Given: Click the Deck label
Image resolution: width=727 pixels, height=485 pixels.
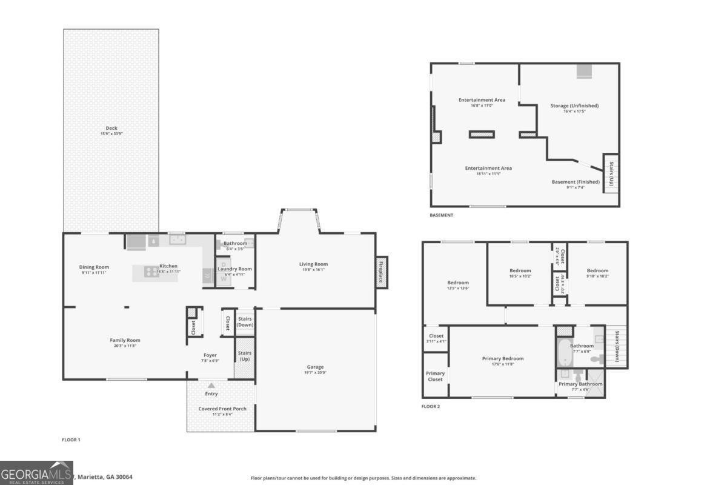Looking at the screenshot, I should (x=111, y=128).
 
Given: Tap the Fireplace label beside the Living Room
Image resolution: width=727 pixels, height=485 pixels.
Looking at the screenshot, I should (x=381, y=272).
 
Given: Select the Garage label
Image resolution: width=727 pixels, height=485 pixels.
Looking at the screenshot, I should (x=315, y=367).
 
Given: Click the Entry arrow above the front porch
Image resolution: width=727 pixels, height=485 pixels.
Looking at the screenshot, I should (x=211, y=385).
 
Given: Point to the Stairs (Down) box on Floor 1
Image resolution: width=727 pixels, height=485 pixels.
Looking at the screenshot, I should (x=245, y=322).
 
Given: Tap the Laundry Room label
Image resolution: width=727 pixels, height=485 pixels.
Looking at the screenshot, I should (x=234, y=269).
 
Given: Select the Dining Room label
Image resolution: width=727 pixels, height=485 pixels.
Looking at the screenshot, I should (x=94, y=267).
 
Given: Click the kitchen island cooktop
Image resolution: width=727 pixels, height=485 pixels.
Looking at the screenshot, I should (x=151, y=272).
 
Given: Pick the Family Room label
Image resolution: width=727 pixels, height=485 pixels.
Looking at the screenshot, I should (x=125, y=340).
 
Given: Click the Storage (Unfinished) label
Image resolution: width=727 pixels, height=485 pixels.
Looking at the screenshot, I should (x=574, y=105).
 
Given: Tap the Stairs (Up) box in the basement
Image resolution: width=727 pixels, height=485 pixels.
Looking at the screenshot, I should (x=611, y=173).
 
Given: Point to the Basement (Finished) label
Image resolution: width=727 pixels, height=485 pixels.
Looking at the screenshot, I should (x=576, y=182).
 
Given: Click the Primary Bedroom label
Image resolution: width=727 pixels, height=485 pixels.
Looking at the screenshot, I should (x=503, y=358).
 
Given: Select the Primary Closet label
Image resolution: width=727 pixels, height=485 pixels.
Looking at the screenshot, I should (x=435, y=376).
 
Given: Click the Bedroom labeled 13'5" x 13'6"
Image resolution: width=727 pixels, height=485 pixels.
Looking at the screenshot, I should (x=458, y=283).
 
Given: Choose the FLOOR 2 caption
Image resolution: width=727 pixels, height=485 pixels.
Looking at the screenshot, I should (x=431, y=406).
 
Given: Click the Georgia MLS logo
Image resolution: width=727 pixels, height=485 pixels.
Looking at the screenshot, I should (x=36, y=473).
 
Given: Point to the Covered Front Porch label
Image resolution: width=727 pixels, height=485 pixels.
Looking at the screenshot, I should (x=222, y=409).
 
